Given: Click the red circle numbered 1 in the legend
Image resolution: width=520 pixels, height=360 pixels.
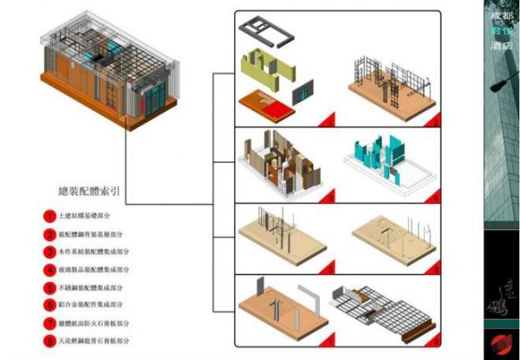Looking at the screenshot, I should pyautogui.click(x=51, y=215).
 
